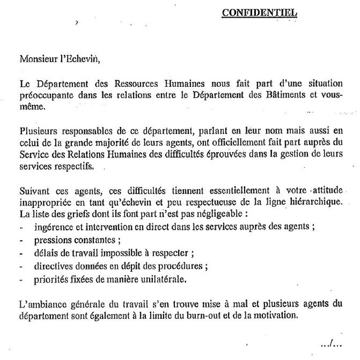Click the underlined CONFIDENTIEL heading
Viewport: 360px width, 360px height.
(x=259, y=13)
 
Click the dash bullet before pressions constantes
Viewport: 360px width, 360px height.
(x=22, y=241)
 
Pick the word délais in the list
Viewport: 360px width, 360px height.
(x=44, y=254)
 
